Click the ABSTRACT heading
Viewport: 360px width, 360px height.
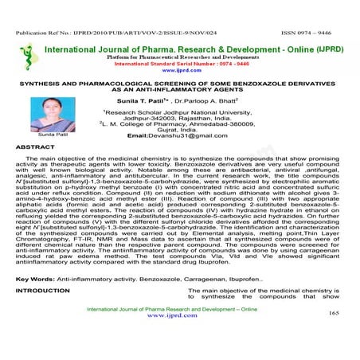point(37,148)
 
